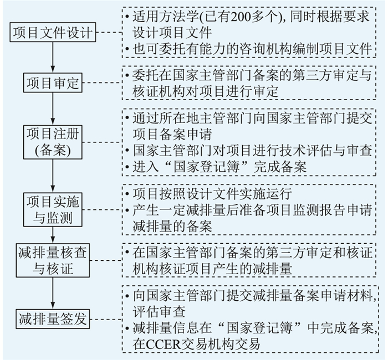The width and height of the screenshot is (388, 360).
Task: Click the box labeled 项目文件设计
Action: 53,32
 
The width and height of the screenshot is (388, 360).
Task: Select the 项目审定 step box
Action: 53,83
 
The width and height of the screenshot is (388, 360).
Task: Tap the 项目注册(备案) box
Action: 53,142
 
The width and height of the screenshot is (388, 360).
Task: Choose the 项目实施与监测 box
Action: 53,210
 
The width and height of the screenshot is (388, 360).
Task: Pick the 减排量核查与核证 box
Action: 53,260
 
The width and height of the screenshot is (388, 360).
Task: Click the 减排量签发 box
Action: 53,319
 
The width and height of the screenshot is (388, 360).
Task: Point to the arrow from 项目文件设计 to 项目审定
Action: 53,58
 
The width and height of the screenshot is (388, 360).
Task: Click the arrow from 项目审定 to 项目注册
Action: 53,109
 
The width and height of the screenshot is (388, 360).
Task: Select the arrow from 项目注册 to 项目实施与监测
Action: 53,176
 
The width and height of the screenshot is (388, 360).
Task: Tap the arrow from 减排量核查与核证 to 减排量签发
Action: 53,293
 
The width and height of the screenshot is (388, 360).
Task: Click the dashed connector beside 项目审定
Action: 102,83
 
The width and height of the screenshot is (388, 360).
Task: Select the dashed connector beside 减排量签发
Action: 106,319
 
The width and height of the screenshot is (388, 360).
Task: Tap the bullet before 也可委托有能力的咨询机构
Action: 127,49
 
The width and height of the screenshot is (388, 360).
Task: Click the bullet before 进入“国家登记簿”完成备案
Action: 127,167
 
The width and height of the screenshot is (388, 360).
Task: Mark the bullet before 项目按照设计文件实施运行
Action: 127,194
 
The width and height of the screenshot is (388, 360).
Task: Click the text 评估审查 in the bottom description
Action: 159,311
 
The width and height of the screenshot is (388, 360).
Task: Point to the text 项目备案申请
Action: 172,134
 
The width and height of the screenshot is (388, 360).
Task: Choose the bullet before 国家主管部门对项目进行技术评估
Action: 127,151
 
